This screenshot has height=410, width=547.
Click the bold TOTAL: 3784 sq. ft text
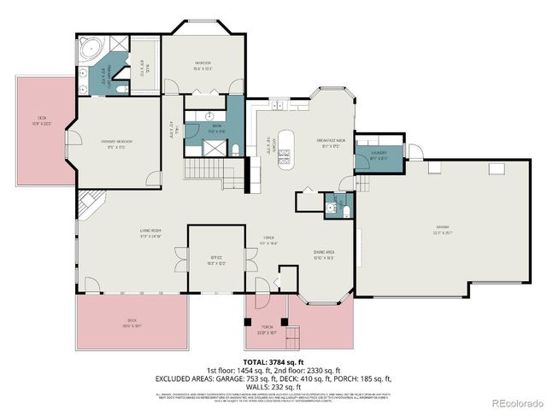(273, 364)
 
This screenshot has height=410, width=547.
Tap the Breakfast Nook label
(330, 143)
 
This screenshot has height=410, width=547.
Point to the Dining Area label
(323, 253)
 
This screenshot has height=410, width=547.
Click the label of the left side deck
(41, 120)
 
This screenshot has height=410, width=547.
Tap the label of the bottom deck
(131, 324)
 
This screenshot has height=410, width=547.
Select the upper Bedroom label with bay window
(202, 65)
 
